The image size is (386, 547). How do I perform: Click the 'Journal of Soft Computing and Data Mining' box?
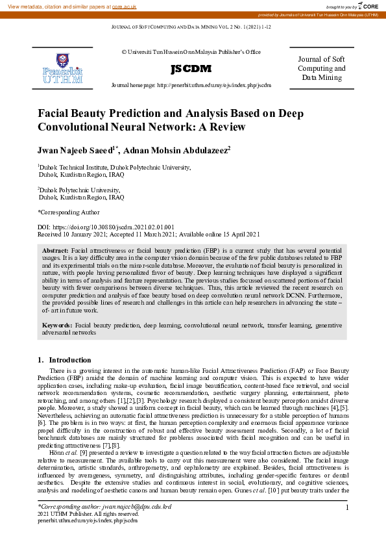pyautogui.click(x=322, y=68)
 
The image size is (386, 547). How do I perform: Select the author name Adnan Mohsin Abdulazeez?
pyautogui.click(x=177, y=149)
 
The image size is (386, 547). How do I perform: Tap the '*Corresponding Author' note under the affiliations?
pyautogui.click(x=69, y=212)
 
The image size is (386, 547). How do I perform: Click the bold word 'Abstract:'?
pyautogui.click(x=56, y=250)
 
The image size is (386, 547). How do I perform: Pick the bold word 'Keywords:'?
pyautogui.click(x=58, y=324)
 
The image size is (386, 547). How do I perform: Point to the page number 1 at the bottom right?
pyautogui.click(x=348, y=507)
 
